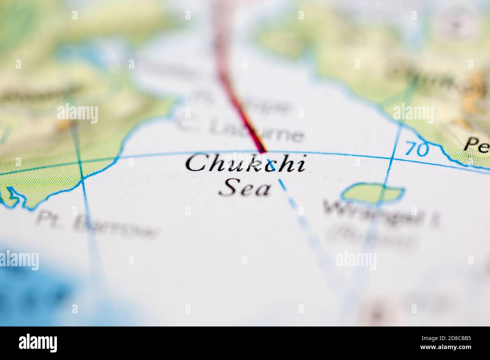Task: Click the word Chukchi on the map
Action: [245, 164]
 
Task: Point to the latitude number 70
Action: [417, 149]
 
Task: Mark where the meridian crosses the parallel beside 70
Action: [392, 159]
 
